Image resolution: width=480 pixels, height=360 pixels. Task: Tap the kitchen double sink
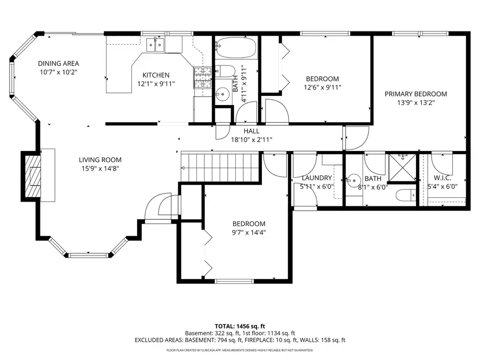pos(156,44)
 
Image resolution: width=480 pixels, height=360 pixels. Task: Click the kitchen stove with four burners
pos(202,78)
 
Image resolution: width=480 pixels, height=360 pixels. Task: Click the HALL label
pos(251,131)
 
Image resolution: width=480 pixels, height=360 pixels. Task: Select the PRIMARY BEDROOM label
pos(416,94)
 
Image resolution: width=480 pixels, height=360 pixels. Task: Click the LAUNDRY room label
pos(317,178)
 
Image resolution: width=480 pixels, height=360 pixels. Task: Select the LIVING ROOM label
pos(100,159)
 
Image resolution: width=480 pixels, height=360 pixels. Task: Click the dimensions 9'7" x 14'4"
pos(249,232)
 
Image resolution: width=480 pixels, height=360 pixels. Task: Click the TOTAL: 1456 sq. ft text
pos(239,325)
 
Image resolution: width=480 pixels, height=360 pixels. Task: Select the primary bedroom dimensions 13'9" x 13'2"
pos(416,103)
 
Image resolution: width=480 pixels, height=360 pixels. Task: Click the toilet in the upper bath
pos(226,72)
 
